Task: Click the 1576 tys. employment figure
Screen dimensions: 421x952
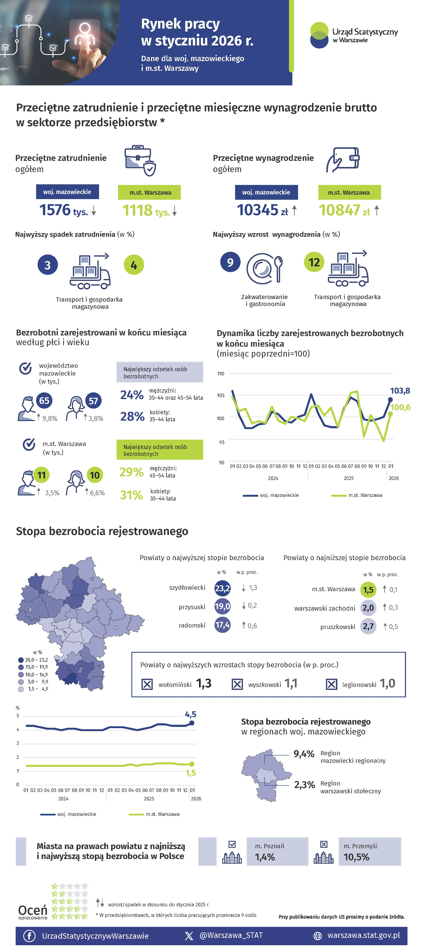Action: click(64, 210)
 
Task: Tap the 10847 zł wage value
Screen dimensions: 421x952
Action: click(344, 210)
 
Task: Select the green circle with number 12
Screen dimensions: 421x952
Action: click(314, 262)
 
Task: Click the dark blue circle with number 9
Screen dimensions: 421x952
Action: click(230, 262)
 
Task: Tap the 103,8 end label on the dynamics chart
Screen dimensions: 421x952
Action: click(400, 391)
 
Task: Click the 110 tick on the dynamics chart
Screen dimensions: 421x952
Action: click(221, 374)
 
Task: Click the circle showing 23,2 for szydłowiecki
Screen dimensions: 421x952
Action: click(222, 588)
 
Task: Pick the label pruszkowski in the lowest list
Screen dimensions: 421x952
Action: click(338, 627)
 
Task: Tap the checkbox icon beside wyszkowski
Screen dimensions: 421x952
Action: click(237, 684)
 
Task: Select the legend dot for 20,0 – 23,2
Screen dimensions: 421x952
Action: click(21, 660)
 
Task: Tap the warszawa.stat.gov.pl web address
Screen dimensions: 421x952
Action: click(363, 935)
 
